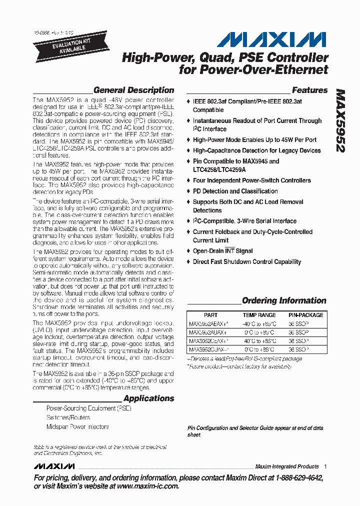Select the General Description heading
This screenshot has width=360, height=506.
[x=133, y=90]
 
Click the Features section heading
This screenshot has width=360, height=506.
[x=309, y=90]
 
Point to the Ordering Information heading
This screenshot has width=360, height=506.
[x=284, y=301]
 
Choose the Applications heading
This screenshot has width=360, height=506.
[x=148, y=398]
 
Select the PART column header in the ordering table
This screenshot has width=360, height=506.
[x=211, y=315]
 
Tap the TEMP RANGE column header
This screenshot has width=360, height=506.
[x=259, y=315]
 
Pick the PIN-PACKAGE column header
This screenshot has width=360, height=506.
[x=305, y=315]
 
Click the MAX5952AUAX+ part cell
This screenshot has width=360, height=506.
[x=208, y=332]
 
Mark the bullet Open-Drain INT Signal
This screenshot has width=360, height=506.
[x=222, y=251]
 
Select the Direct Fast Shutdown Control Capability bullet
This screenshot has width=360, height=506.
[x=247, y=262]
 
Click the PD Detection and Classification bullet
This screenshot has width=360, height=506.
[x=235, y=191]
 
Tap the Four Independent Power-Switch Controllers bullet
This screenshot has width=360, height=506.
[x=251, y=180]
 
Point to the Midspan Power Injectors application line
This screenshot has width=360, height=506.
[x=77, y=427]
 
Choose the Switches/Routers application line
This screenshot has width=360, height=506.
[x=68, y=417]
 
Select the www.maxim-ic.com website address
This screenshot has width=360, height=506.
[x=140, y=486]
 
